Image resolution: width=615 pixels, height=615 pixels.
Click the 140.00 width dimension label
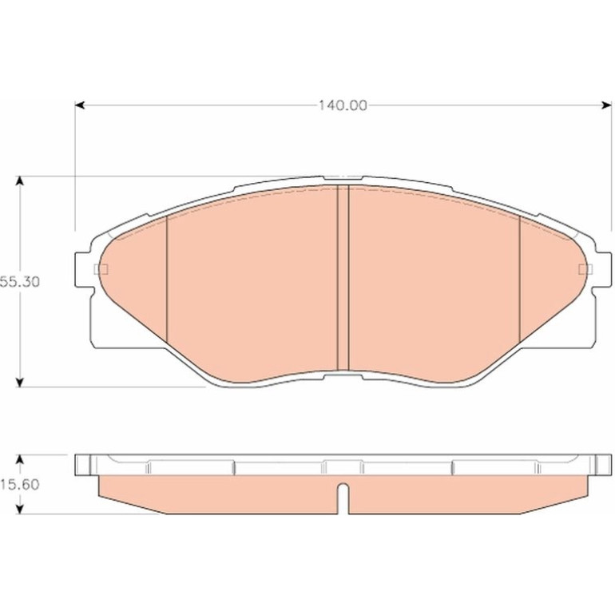[343, 105]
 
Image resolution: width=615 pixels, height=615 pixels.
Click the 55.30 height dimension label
[20, 282]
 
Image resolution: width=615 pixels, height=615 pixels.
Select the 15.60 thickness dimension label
[20, 484]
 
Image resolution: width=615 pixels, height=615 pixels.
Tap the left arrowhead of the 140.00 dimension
[80, 105]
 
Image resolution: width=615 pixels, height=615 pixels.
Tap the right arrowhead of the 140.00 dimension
[606, 105]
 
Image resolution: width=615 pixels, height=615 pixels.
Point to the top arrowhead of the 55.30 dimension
[20, 181]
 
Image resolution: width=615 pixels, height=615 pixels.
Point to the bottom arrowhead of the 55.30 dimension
[20, 382]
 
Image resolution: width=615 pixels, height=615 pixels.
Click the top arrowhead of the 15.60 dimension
[20, 460]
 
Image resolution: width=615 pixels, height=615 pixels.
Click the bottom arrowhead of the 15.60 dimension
[20, 509]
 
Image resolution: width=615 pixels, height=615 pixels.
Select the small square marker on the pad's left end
[101, 269]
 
